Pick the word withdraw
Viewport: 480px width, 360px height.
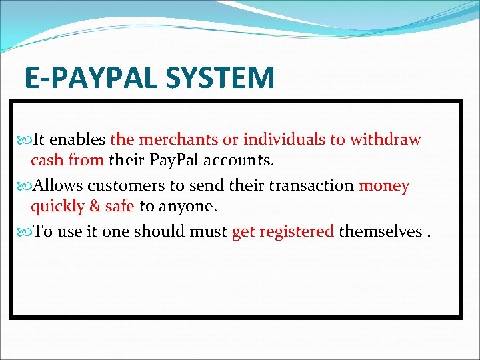386,139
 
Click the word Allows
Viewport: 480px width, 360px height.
59,185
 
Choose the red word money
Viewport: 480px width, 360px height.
384,185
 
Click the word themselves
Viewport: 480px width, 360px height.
380,231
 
